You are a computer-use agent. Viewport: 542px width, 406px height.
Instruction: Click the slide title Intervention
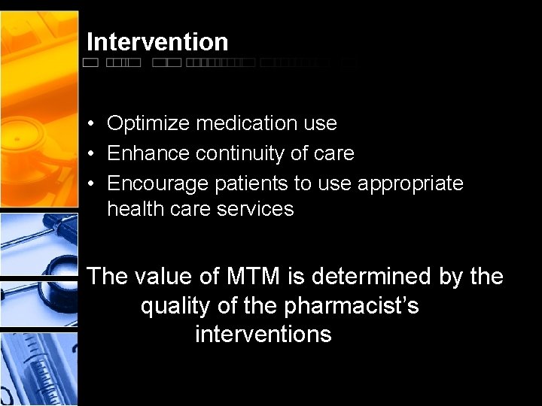click(157, 42)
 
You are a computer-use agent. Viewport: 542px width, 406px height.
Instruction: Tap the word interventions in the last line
click(263, 334)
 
